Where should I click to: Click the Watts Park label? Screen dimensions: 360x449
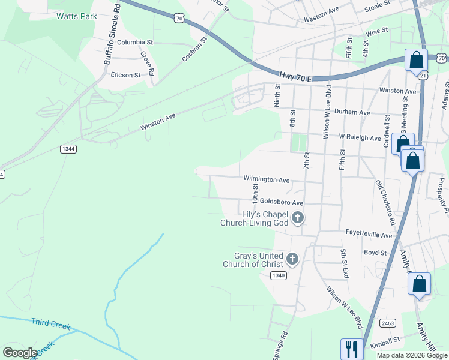pos(76,16)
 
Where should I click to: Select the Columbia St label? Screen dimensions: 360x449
pos(135,43)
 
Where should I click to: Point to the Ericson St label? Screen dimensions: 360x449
pos(125,75)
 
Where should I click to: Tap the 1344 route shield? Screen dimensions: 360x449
pos(68,149)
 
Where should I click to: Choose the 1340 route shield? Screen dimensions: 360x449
pos(278,275)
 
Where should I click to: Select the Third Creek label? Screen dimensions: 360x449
pos(50,324)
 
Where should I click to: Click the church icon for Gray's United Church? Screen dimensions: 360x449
pos(292,259)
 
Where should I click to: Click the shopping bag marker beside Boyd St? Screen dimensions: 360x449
pos(419,284)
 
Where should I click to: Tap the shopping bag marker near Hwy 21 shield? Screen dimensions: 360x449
pos(416,59)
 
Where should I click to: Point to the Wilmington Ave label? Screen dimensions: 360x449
pos(267,179)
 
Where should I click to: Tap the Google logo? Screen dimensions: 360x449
pos(20,353)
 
